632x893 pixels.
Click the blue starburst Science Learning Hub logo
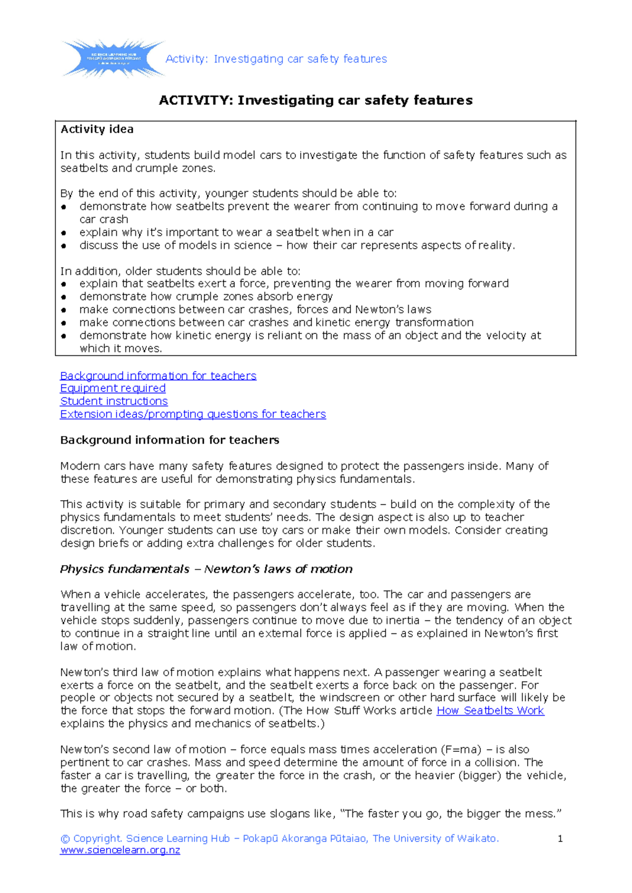point(113,58)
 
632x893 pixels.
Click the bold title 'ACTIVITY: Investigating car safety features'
point(315,100)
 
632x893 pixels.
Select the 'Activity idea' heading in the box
point(97,129)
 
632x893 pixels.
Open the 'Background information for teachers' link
point(158,375)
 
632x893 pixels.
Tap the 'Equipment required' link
point(113,388)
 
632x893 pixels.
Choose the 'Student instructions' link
point(114,401)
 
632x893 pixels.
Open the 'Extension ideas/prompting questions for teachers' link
point(193,414)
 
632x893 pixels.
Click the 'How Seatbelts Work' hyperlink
point(490,710)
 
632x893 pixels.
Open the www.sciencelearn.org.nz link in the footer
point(120,850)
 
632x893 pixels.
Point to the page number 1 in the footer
point(560,839)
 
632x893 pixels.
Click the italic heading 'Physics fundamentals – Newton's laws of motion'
point(206,569)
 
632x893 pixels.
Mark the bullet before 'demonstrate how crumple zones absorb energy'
point(64,297)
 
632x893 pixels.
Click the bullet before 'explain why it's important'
point(64,233)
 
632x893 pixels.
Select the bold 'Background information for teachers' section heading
point(170,440)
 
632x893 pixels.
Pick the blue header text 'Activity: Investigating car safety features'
point(276,59)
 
